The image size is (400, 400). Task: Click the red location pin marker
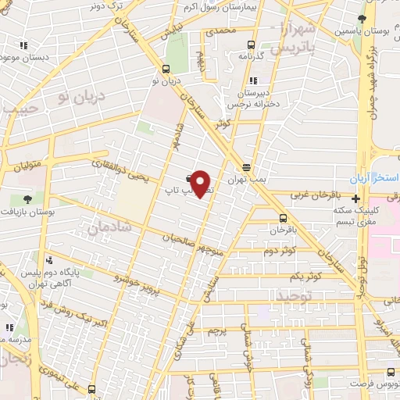(202, 183)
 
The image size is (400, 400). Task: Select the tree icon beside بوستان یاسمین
(360, 19)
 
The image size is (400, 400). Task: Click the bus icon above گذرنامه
(251, 45)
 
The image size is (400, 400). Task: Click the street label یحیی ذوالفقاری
(114, 166)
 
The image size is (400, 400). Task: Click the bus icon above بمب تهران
(246, 166)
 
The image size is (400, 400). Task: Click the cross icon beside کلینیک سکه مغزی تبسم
(355, 200)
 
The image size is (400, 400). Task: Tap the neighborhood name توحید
(294, 296)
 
